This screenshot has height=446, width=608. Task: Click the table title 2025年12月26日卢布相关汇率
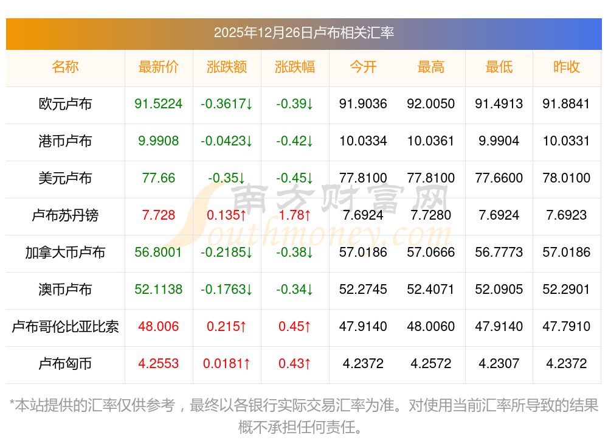pos(303,32)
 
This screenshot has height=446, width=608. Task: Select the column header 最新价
pos(159,67)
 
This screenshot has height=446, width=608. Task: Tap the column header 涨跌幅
pos(295,67)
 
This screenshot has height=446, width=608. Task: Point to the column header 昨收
pos(567,67)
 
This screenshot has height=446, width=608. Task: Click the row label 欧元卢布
pos(65,104)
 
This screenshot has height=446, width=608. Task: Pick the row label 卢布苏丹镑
pos(65,215)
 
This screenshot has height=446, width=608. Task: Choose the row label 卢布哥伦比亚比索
pos(65,327)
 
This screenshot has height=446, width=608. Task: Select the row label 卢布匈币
pos(65,364)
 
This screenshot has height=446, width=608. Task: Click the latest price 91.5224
pos(159,104)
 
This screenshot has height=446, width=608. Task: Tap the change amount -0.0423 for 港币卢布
pos(227,141)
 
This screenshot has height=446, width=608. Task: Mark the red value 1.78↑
pos(295,215)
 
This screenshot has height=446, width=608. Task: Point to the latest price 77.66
pos(159,178)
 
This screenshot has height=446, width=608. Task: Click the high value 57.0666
pos(431,253)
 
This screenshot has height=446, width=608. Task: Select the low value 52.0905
pos(499,290)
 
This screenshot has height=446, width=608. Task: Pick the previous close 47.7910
pos(567,327)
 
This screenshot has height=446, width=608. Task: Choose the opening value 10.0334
pos(363,141)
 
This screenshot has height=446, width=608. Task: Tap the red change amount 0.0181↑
pos(227,364)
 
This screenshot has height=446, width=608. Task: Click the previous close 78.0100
pos(567,178)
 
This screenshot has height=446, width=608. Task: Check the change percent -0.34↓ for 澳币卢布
pos(295,290)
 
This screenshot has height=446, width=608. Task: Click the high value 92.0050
pos(431,104)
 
